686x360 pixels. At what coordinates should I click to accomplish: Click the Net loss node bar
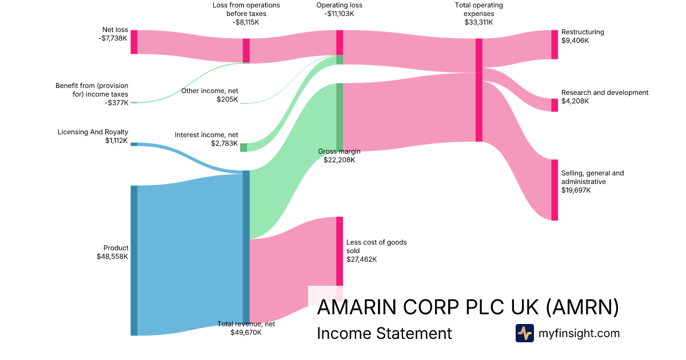click(x=134, y=42)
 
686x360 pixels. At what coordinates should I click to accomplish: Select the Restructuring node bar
click(x=555, y=45)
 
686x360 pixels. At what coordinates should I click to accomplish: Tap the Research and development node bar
click(x=555, y=105)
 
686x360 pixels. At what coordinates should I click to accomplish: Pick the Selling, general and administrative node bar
click(x=555, y=190)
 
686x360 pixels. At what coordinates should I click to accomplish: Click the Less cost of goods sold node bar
click(x=340, y=251)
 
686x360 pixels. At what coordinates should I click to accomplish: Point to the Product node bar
click(x=134, y=261)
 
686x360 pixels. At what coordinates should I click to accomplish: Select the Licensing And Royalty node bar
click(x=134, y=144)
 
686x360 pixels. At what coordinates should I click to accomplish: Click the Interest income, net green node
click(x=244, y=147)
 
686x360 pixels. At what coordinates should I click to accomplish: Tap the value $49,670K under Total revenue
click(x=246, y=333)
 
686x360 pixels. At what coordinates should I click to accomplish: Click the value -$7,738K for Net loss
click(x=113, y=38)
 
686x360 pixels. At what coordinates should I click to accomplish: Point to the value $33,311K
click(x=478, y=22)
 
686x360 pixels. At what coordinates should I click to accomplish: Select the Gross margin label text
click(x=340, y=151)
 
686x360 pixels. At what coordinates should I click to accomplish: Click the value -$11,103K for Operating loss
click(x=339, y=14)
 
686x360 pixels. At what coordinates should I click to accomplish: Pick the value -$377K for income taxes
click(x=117, y=102)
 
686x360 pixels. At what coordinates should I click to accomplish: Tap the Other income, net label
click(x=209, y=91)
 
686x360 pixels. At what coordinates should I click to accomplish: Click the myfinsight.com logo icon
click(x=525, y=333)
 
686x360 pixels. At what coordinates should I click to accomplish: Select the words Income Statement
click(x=384, y=333)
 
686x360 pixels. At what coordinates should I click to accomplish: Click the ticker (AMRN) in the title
click(x=582, y=307)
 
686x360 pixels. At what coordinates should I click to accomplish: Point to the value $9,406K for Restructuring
click(x=575, y=41)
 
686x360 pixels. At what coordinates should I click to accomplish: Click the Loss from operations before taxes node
click(x=246, y=51)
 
